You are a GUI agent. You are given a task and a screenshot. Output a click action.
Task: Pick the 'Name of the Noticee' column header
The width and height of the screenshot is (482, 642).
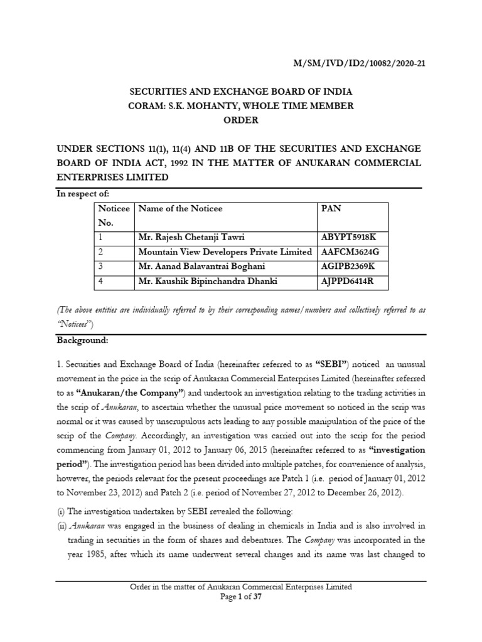click(181, 208)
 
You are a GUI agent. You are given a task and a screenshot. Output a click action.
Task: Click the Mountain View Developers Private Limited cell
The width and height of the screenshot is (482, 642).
click(225, 252)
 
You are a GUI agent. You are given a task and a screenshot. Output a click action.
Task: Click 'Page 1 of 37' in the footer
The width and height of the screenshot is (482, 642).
click(241, 597)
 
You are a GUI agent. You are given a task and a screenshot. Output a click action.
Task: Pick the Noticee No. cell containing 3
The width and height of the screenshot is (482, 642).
click(100, 266)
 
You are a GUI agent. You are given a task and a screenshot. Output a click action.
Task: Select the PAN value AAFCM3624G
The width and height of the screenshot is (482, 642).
click(351, 252)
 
